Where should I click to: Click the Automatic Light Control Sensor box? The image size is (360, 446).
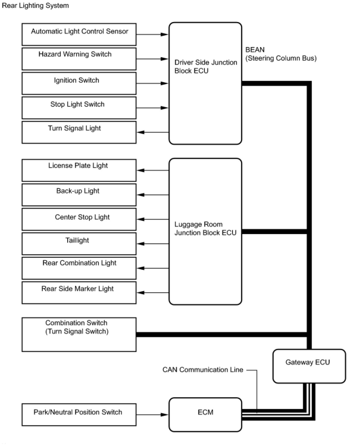(x=79, y=34)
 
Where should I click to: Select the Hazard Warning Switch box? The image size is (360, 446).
(x=79, y=59)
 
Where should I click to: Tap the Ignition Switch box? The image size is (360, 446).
(x=79, y=83)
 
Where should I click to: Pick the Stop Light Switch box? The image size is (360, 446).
(x=79, y=107)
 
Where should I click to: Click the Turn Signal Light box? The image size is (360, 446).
(x=79, y=132)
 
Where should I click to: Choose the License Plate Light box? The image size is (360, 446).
(x=79, y=170)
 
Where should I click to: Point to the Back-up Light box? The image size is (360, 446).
(x=79, y=194)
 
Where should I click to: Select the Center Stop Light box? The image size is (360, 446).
(x=79, y=219)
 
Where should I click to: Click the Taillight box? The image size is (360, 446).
(x=79, y=243)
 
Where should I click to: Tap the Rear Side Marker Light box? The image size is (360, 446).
(x=79, y=292)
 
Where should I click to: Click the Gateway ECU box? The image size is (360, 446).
(x=309, y=366)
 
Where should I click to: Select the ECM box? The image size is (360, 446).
(x=205, y=414)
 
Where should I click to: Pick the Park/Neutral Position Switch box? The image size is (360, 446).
(x=79, y=414)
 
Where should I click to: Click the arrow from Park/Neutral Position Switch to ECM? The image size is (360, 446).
(x=152, y=414)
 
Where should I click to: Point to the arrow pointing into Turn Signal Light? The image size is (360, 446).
(x=152, y=132)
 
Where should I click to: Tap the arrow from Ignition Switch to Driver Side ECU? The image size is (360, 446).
(x=152, y=83)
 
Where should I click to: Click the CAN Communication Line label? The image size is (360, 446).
(x=203, y=370)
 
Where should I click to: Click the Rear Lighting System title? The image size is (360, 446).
(x=35, y=6)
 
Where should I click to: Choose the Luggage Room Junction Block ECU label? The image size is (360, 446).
(x=205, y=228)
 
